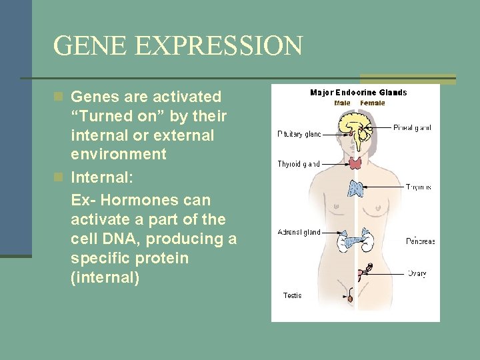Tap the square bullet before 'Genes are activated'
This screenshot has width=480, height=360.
(x=59, y=97)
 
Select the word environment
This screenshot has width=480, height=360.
(x=118, y=154)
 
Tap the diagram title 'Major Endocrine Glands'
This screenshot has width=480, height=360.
(x=358, y=93)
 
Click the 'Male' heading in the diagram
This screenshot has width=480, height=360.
(x=342, y=103)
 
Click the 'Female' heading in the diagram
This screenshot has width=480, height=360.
(x=372, y=103)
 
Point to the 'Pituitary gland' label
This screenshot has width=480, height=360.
(x=299, y=134)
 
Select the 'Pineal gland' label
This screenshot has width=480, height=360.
(x=412, y=127)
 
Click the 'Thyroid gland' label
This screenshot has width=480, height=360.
(x=299, y=163)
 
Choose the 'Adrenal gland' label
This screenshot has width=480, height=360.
(x=299, y=233)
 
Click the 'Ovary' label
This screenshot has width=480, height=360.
(x=417, y=273)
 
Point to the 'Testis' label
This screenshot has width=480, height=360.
(x=292, y=295)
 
